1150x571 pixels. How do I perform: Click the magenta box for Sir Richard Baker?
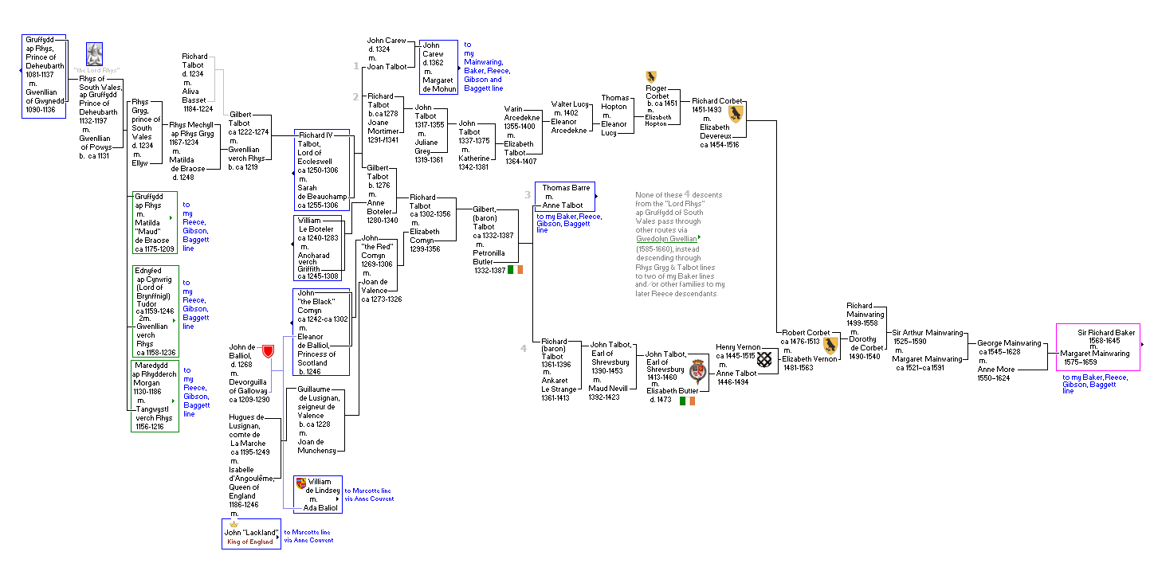[x=1098, y=347]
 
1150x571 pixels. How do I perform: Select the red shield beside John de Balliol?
[x=268, y=351]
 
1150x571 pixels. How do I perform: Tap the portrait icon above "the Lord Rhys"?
[x=94, y=54]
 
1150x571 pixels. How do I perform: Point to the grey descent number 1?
[x=356, y=65]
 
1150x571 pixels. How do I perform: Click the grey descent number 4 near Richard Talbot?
[x=524, y=348]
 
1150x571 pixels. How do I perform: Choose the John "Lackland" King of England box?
[x=251, y=534]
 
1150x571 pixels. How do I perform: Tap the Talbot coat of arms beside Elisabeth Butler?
[x=698, y=370]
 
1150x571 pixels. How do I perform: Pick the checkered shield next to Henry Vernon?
[x=764, y=359]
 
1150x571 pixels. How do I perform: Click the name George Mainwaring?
[x=1008, y=343]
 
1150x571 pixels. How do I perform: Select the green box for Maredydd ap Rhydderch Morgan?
[x=155, y=397]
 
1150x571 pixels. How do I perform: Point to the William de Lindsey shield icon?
[x=300, y=483]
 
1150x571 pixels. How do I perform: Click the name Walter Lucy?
[x=569, y=104]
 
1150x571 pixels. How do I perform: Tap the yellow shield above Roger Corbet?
[x=651, y=76]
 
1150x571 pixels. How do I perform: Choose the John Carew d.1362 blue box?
[x=438, y=67]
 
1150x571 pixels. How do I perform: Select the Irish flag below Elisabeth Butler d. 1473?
[x=687, y=401]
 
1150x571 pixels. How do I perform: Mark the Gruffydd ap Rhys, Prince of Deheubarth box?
[x=43, y=76]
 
